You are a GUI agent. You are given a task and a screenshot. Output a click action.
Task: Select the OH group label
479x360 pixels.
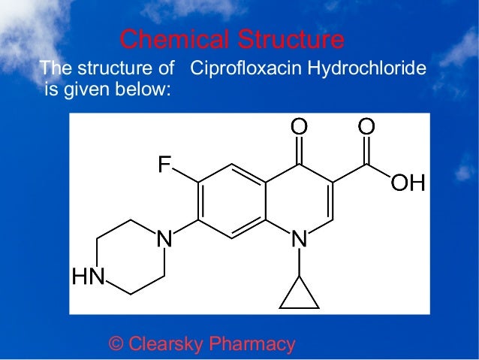(x=407, y=183)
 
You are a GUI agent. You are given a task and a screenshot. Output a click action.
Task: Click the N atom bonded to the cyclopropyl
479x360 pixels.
(x=299, y=240)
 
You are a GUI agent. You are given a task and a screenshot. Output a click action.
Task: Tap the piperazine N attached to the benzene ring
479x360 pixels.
(x=164, y=240)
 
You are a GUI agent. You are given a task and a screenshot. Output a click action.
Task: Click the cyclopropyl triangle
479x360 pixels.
(x=299, y=296)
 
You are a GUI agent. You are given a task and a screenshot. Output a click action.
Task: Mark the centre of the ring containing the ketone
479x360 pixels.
(x=299, y=201)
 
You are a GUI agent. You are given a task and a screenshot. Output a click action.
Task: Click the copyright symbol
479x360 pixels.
(x=116, y=344)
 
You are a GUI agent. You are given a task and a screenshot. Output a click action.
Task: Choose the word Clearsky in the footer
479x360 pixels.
(x=166, y=344)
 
